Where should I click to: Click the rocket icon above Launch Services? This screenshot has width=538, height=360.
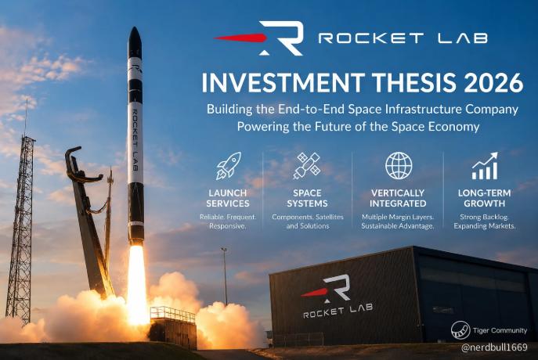(229, 166)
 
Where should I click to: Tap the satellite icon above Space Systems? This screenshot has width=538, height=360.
(307, 166)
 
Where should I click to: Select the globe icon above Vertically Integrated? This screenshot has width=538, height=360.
(399, 166)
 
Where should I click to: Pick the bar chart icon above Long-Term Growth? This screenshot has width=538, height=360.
(485, 166)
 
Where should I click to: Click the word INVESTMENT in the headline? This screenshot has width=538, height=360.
(283, 83)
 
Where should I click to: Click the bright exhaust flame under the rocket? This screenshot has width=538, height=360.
(137, 285)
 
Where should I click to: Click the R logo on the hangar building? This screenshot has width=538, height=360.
(327, 289)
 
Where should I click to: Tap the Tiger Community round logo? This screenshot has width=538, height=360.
(460, 330)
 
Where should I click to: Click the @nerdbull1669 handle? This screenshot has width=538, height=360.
(494, 347)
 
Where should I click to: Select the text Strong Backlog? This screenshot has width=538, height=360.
(484, 217)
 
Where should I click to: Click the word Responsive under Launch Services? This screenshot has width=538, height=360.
(227, 226)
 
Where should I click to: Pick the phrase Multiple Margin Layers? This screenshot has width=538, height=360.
(398, 217)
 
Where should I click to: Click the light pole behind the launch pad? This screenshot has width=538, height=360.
(225, 276)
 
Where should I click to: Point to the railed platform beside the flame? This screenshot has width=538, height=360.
(173, 327)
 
